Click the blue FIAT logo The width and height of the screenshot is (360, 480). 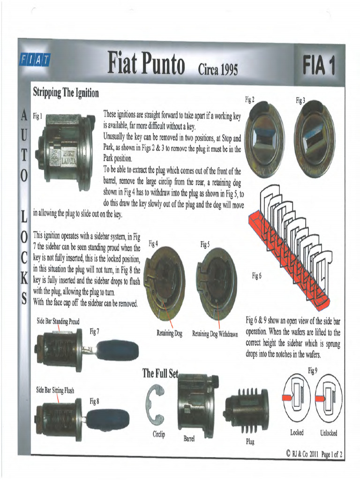36,60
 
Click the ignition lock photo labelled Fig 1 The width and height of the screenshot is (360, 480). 65,151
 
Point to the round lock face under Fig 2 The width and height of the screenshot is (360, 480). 264,140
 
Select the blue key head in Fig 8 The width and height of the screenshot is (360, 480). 108,420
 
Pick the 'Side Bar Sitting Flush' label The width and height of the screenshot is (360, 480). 55,390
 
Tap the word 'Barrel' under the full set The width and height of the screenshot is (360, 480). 189,439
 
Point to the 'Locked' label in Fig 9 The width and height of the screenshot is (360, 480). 297,433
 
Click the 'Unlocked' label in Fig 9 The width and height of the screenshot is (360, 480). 329,433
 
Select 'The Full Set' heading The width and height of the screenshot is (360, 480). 160,374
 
